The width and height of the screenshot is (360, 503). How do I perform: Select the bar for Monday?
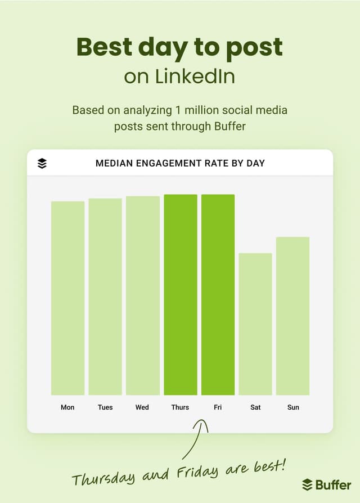pyautogui.click(x=67, y=298)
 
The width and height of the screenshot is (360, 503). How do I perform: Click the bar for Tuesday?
pyautogui.click(x=105, y=297)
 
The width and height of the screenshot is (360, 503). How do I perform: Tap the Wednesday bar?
pyautogui.click(x=143, y=295)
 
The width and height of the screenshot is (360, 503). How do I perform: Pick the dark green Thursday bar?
pyautogui.click(x=181, y=295)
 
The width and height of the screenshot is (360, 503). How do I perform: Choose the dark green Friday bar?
pyautogui.click(x=218, y=295)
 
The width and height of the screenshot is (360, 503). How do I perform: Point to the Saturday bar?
pyautogui.click(x=255, y=324)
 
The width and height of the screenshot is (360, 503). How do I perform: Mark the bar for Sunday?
pyautogui.click(x=292, y=316)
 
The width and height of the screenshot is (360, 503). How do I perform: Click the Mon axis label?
pyautogui.click(x=67, y=407)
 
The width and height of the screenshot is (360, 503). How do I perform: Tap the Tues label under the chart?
pyautogui.click(x=105, y=407)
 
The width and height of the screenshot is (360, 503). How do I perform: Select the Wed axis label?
pyautogui.click(x=142, y=407)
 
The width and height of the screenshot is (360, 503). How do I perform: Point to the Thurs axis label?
pyautogui.click(x=180, y=407)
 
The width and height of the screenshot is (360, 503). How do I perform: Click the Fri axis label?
pyautogui.click(x=218, y=407)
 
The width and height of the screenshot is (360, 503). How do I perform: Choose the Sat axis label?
pyautogui.click(x=255, y=407)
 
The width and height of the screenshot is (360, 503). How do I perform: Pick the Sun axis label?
pyautogui.click(x=293, y=407)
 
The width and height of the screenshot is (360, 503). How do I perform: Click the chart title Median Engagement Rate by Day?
pyautogui.click(x=180, y=163)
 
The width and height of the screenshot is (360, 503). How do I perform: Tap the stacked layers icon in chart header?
pyautogui.click(x=42, y=163)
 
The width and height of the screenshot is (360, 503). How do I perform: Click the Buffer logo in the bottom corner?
pyautogui.click(x=327, y=484)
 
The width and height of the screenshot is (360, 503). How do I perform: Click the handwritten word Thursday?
pyautogui.click(x=103, y=478)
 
